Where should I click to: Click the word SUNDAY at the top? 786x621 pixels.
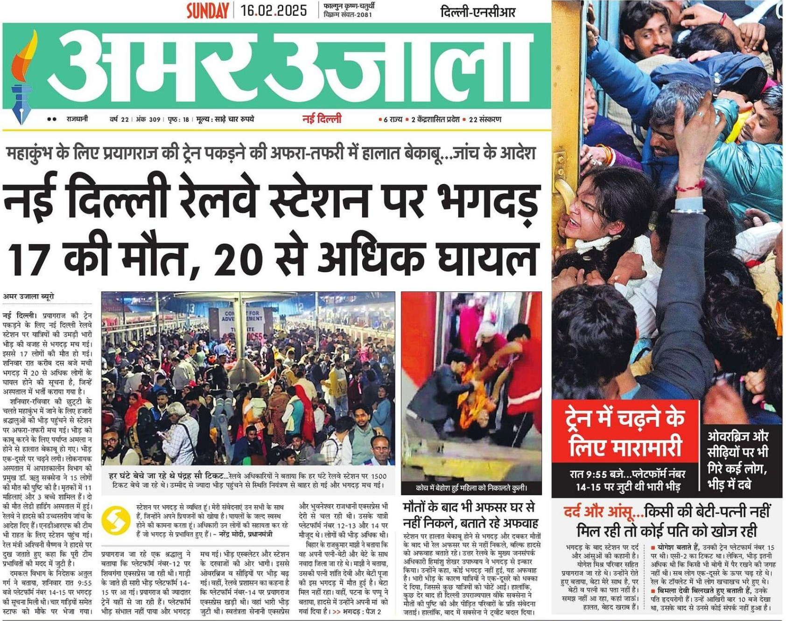coord(207,11)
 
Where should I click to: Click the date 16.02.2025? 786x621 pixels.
coord(274,10)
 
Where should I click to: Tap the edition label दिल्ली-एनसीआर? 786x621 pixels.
coord(477,12)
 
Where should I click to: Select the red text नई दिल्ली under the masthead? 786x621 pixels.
coord(322,119)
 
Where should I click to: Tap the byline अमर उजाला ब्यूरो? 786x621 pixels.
coord(28,296)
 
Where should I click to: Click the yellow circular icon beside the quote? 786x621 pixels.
coord(116,520)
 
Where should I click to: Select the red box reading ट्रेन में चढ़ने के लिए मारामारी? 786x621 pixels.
coord(625,432)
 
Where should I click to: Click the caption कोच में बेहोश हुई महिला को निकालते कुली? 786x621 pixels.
coord(471,488)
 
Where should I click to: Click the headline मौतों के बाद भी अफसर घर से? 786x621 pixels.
coord(469,508)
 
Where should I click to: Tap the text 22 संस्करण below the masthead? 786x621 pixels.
coord(485,120)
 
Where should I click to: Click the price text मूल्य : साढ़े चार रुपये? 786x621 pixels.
coord(225,120)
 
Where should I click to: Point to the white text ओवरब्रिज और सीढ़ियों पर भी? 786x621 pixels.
coord(738,444)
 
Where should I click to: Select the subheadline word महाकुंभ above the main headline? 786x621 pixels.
coord(30,153)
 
